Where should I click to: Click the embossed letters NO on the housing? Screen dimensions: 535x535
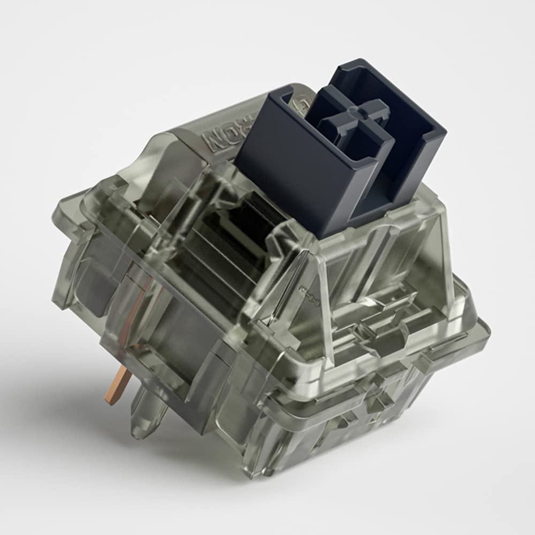click(x=218, y=140)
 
